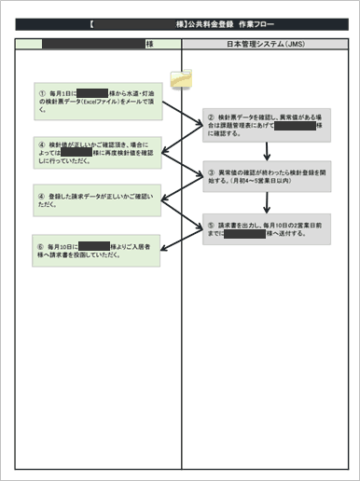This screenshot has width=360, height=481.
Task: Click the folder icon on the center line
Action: pos(181,81)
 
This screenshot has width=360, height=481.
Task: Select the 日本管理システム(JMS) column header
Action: pos(267,44)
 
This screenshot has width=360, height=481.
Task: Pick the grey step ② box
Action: pos(268,124)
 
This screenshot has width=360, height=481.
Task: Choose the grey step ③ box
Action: pos(268,174)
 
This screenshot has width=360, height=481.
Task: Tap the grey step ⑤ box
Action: pos(268,229)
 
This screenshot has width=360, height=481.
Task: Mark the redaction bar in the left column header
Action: pos(93,44)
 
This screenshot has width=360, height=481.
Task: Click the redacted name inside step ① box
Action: pos(93,93)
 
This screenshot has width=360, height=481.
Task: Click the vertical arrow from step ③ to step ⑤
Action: pos(268,201)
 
